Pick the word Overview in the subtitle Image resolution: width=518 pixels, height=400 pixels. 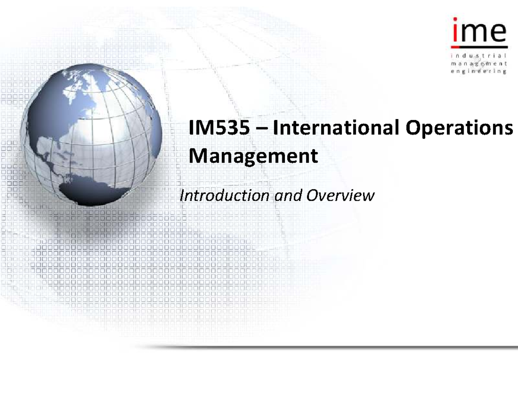[x=339, y=196]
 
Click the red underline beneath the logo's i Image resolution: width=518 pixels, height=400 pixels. [x=455, y=46]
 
